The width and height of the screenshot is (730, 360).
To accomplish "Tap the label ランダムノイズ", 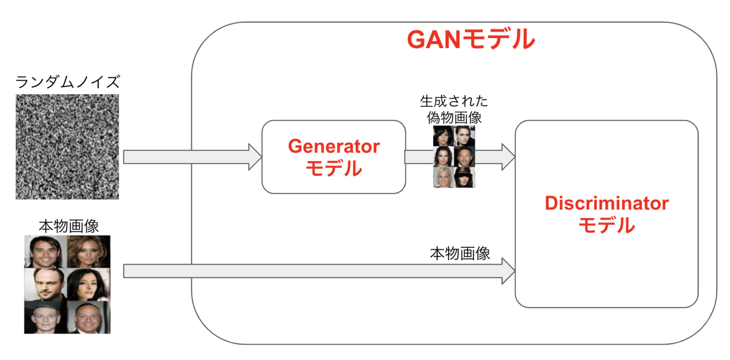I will [67, 82].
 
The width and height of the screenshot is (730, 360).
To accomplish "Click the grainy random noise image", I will [67, 146].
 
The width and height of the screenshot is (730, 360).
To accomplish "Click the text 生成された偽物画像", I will [454, 109].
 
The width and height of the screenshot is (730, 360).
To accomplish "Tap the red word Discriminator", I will [606, 204].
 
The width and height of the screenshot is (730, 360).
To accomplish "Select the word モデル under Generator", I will [334, 168].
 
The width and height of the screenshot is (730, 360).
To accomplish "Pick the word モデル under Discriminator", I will [606, 225].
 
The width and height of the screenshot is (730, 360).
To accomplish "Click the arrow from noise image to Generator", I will [192, 156].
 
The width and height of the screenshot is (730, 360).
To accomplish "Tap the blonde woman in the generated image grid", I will [443, 177].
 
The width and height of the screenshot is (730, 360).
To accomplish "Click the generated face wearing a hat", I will [464, 177].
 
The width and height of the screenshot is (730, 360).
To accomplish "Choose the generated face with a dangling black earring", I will [464, 136].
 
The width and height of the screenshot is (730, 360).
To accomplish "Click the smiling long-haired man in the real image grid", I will [45, 252].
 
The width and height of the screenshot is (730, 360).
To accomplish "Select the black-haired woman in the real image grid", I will [88, 284].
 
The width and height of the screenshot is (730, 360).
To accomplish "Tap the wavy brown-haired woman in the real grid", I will [88, 252].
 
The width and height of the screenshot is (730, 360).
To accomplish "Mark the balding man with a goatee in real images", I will [45, 284].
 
